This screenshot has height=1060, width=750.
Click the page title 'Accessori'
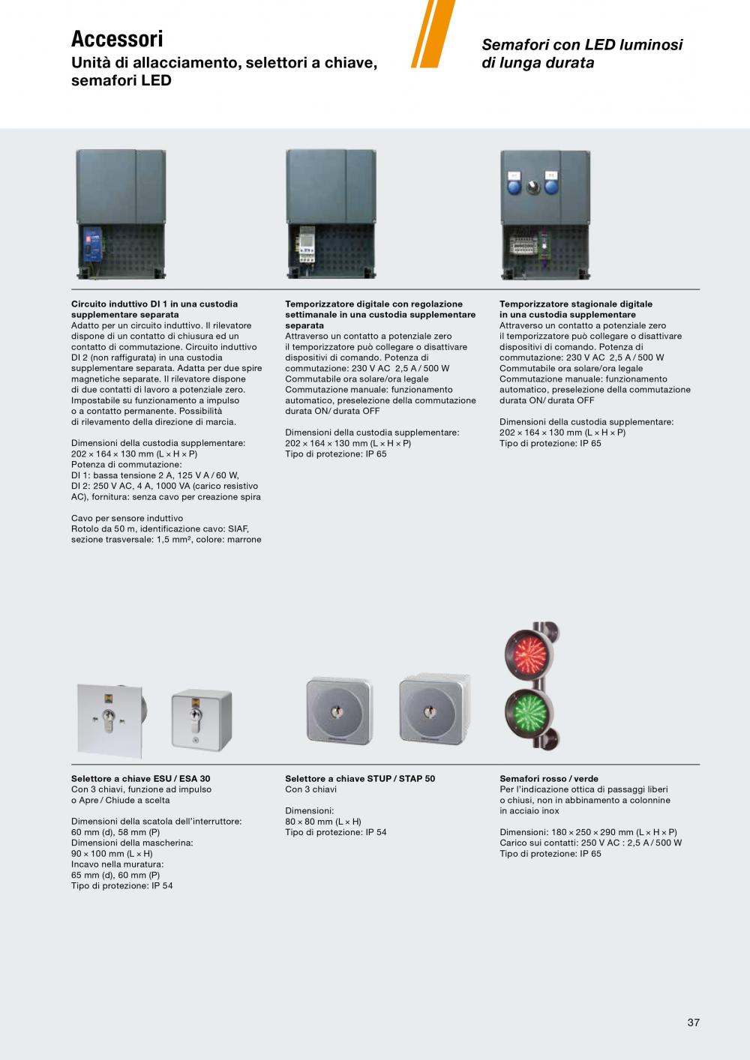pos(117,38)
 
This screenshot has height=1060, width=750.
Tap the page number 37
pos(693,1023)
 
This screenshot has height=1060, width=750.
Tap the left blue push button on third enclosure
pos(514,186)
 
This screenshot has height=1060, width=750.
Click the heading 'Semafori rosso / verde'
pos(549,779)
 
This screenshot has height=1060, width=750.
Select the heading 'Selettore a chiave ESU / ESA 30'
pos(141,779)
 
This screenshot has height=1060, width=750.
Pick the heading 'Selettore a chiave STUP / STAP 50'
pos(360,779)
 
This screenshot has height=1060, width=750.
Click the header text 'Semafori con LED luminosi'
pos(582,45)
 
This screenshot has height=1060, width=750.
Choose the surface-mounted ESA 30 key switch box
pos(201,719)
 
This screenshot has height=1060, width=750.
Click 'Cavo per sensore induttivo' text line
pos(127,518)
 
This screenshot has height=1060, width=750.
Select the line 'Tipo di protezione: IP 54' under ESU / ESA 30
pos(122,886)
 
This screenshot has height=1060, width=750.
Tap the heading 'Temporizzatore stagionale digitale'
pos(576,304)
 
